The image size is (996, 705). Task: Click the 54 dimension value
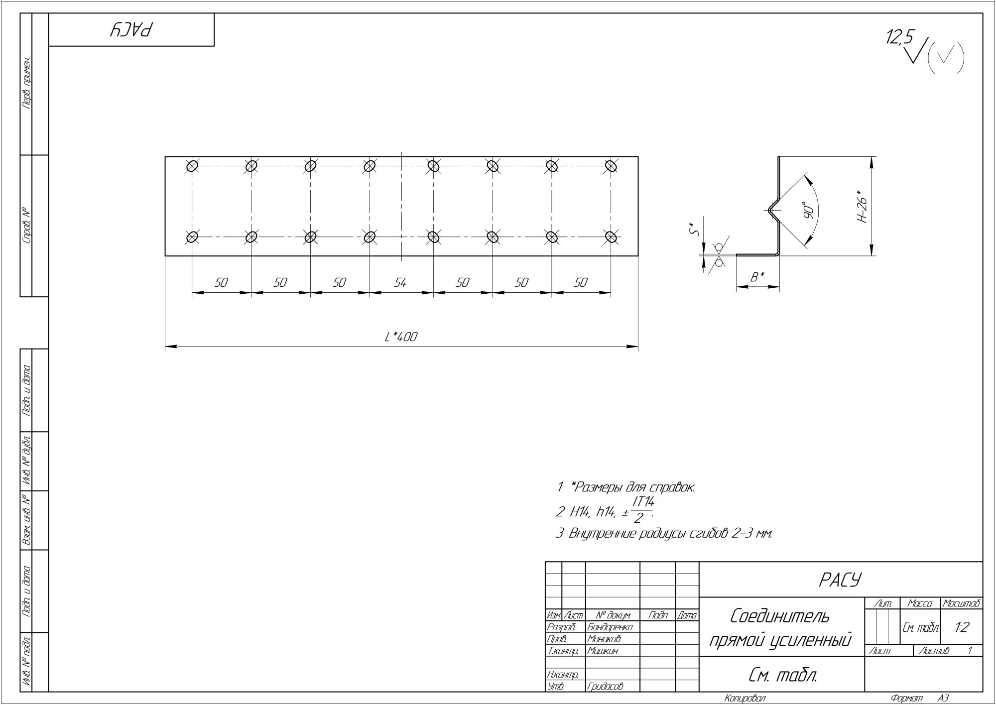pyautogui.click(x=400, y=283)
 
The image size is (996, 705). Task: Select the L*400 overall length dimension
pyautogui.click(x=401, y=337)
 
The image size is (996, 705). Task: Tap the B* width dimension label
pyautogui.click(x=757, y=277)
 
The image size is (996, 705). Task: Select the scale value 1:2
pyautogui.click(x=962, y=627)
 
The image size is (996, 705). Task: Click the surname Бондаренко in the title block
pyautogui.click(x=610, y=627)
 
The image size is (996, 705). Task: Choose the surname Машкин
pyautogui.click(x=603, y=651)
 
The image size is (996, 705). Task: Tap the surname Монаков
pyautogui.click(x=604, y=639)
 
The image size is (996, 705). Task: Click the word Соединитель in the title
pyautogui.click(x=780, y=616)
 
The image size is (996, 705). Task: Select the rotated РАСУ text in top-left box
pyautogui.click(x=131, y=30)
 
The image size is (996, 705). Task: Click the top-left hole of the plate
pyautogui.click(x=192, y=166)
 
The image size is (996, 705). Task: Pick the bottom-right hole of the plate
pyautogui.click(x=611, y=236)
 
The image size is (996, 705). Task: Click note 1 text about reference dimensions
pyautogui.click(x=625, y=487)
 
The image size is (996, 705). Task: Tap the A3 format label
pyautogui.click(x=943, y=699)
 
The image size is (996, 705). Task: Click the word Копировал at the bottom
pyautogui.click(x=745, y=699)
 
